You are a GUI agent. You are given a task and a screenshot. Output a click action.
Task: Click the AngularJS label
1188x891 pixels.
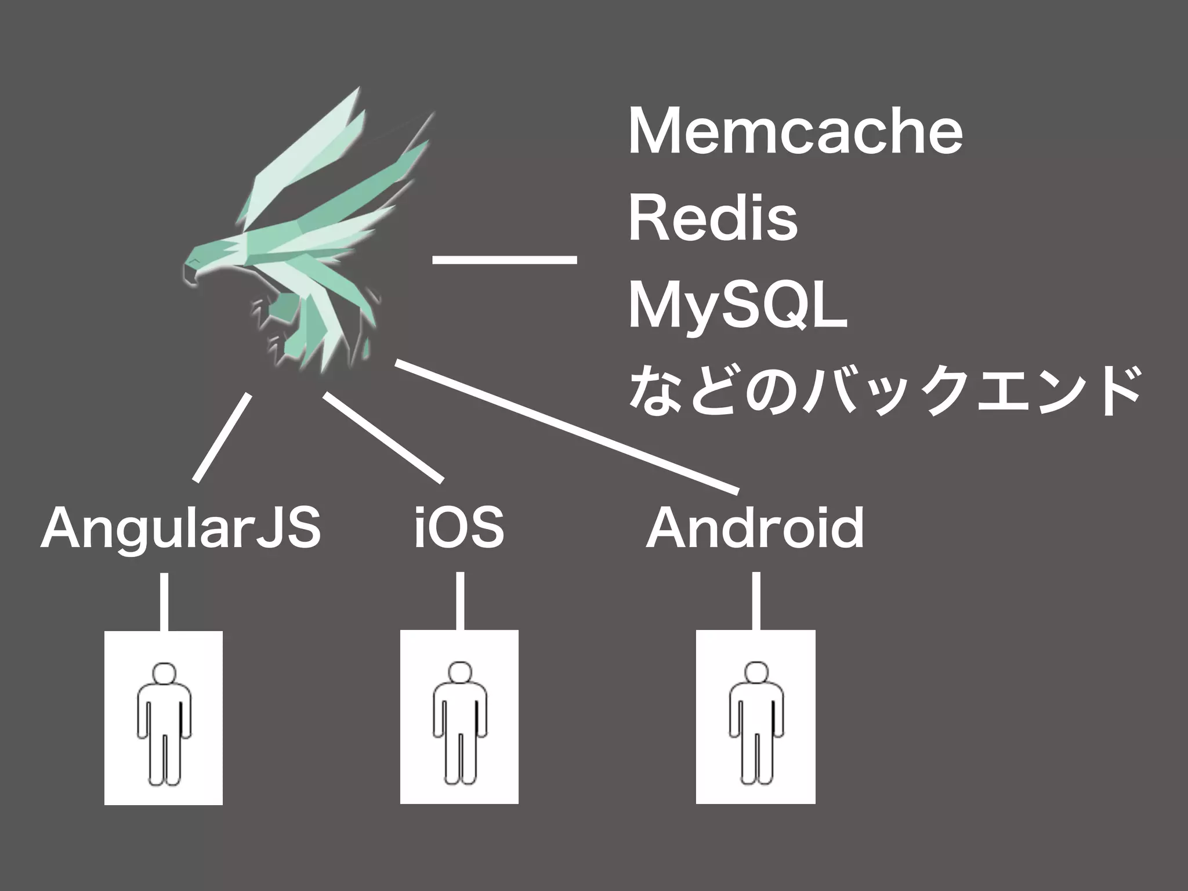[x=180, y=528]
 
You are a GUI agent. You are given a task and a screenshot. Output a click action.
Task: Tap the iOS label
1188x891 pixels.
[x=459, y=527]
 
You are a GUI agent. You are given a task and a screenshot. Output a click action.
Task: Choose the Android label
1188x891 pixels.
[x=755, y=527]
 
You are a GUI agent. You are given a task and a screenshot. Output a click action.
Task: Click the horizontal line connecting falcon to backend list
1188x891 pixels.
[x=505, y=259]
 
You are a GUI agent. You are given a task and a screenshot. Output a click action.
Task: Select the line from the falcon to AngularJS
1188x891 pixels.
[x=223, y=438]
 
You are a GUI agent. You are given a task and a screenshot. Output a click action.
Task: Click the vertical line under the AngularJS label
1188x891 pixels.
[x=164, y=602]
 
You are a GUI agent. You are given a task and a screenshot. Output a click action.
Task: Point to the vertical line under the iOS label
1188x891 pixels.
[x=460, y=601]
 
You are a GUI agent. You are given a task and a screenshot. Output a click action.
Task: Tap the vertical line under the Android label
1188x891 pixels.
[x=756, y=601]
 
